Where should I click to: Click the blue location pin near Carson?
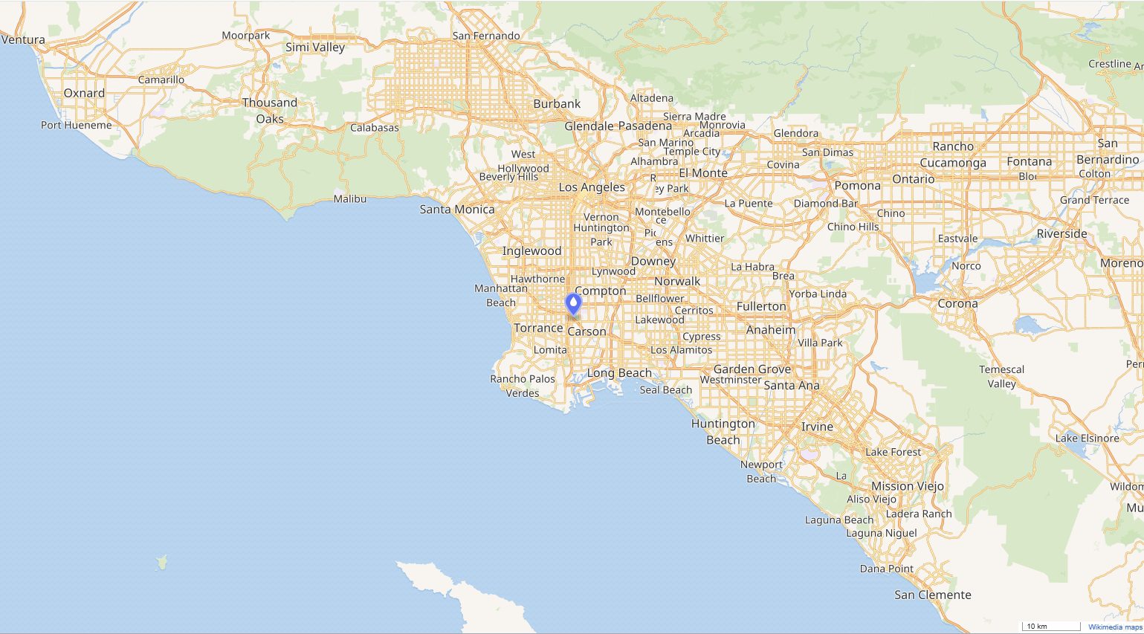click(573, 304)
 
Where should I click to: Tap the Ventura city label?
click(23, 39)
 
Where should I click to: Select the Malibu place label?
click(349, 198)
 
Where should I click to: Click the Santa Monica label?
click(456, 210)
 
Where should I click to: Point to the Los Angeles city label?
click(592, 187)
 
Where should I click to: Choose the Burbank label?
click(557, 104)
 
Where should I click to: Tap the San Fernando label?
click(486, 36)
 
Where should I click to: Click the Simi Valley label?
click(315, 47)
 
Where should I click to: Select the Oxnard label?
click(84, 93)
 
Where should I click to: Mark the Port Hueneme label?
click(77, 125)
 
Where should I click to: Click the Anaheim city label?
click(770, 329)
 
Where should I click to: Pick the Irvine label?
click(817, 427)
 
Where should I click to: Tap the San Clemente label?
click(932, 595)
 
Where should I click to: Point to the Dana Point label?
click(886, 569)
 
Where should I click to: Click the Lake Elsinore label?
click(1087, 438)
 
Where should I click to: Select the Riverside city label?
click(1061, 233)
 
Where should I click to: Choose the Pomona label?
click(857, 185)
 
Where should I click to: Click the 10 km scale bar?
click(1051, 627)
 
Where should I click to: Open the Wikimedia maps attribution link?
click(1115, 627)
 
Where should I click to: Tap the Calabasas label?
click(375, 128)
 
